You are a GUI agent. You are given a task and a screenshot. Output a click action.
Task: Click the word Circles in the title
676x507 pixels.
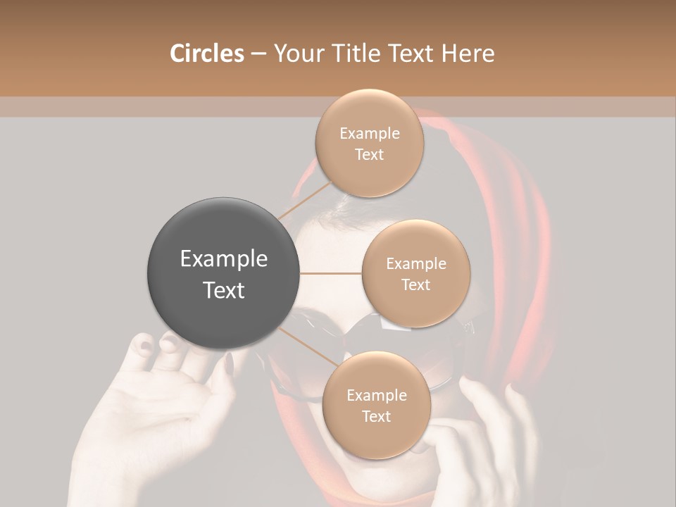(x=206, y=54)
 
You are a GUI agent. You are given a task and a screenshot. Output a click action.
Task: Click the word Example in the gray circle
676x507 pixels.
(x=224, y=259)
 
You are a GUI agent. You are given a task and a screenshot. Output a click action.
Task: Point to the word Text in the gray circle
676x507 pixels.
(x=224, y=290)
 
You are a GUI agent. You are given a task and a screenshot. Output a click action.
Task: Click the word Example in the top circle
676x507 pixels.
(x=369, y=133)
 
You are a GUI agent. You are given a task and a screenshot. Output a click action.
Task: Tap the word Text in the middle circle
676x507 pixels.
(x=415, y=285)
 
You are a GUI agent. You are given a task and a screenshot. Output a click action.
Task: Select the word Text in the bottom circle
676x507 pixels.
(x=376, y=416)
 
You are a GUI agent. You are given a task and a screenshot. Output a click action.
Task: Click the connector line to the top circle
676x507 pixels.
(x=306, y=199)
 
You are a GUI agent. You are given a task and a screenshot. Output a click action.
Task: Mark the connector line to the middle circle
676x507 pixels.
(x=331, y=273)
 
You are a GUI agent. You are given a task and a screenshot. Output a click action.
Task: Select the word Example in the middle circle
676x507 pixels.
(x=415, y=264)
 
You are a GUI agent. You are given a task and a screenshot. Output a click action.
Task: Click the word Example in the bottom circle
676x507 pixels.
(x=376, y=395)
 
